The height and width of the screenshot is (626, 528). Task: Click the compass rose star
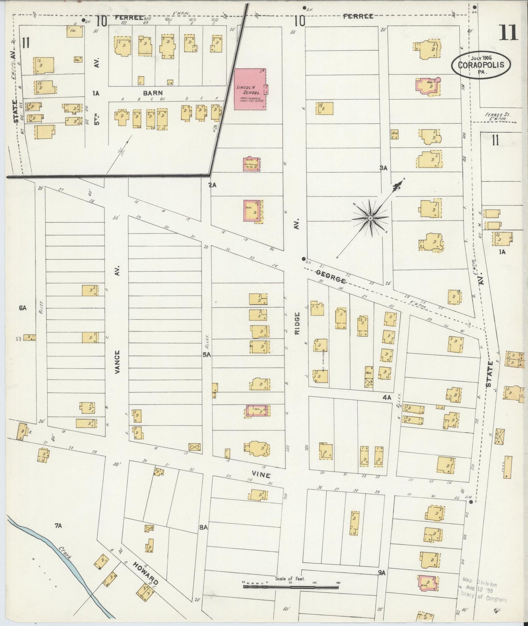(x=370, y=218)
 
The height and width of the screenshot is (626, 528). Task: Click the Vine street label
(x=263, y=475)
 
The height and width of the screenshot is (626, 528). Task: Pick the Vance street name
(x=117, y=362)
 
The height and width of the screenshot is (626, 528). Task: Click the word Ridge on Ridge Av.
(x=297, y=325)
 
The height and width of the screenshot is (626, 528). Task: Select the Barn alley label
(x=152, y=93)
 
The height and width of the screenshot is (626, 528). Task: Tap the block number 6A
(x=23, y=308)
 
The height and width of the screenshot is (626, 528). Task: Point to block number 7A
(x=58, y=526)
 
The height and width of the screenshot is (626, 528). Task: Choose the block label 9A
(x=382, y=573)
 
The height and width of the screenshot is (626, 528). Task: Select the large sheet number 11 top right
(x=508, y=33)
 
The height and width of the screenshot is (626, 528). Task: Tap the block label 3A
(x=383, y=168)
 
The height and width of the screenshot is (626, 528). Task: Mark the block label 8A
(x=203, y=527)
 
